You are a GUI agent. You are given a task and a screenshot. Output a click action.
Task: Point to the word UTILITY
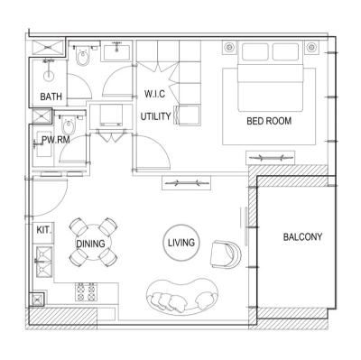(x=156, y=116)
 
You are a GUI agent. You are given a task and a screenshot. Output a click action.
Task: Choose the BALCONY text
(x=302, y=237)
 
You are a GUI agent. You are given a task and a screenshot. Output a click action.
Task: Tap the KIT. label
(x=43, y=230)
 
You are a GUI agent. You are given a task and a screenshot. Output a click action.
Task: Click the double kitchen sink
(x=42, y=263)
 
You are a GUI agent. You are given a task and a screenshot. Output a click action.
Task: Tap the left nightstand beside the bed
(x=228, y=46)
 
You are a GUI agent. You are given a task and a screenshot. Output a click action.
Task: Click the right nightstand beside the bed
(x=312, y=46)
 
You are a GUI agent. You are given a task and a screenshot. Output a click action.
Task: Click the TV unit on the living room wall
(x=188, y=183)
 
